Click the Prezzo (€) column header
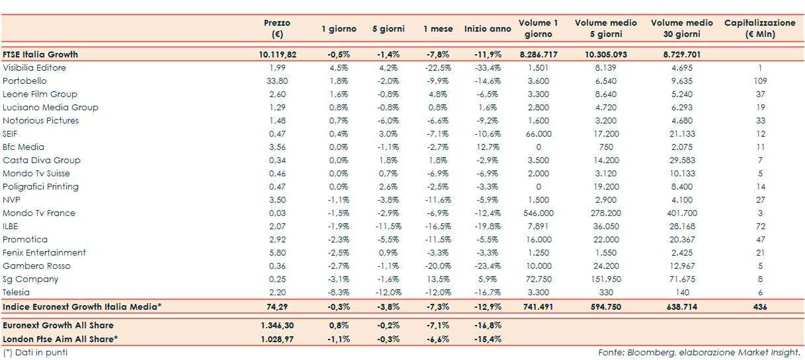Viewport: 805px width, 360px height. click(277, 28)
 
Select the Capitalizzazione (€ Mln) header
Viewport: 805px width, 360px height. click(760, 28)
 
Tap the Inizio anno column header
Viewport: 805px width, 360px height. click(488, 29)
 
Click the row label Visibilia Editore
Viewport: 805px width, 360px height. click(34, 68)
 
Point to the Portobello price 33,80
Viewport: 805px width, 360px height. click(278, 81)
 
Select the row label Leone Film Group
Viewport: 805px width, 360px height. click(40, 94)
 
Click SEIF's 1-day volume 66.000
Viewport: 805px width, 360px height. click(538, 134)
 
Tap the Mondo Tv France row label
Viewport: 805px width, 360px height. click(39, 213)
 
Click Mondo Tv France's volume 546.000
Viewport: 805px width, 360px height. click(538, 213)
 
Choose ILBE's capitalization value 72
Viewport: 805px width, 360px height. click(761, 227)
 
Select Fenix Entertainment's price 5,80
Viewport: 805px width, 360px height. click(278, 253)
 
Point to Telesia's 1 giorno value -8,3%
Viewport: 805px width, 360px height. click(338, 293)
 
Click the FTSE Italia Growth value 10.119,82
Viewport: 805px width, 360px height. click(278, 55)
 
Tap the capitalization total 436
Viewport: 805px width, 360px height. click(761, 307)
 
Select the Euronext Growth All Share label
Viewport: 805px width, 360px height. click(58, 326)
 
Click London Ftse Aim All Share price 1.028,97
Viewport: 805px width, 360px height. click(278, 339)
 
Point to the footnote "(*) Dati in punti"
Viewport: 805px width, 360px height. click(35, 353)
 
